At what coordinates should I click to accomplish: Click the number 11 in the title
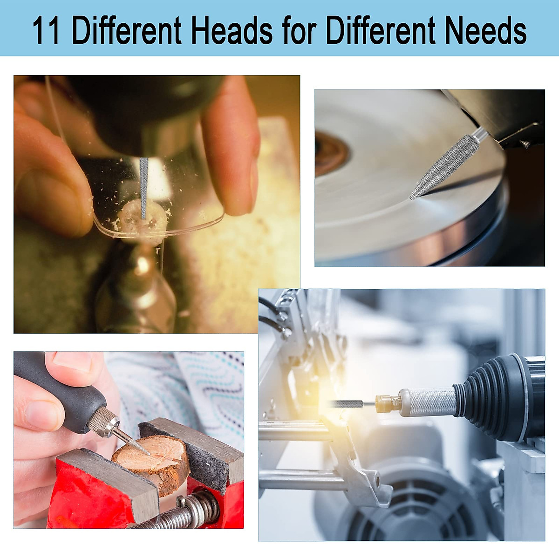[x=46, y=31]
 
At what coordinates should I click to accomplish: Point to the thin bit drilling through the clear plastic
[x=144, y=186]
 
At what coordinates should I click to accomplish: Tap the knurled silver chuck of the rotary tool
[x=431, y=402]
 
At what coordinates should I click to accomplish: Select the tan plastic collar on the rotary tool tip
[x=388, y=403]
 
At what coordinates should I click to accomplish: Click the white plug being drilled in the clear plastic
[x=142, y=221]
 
